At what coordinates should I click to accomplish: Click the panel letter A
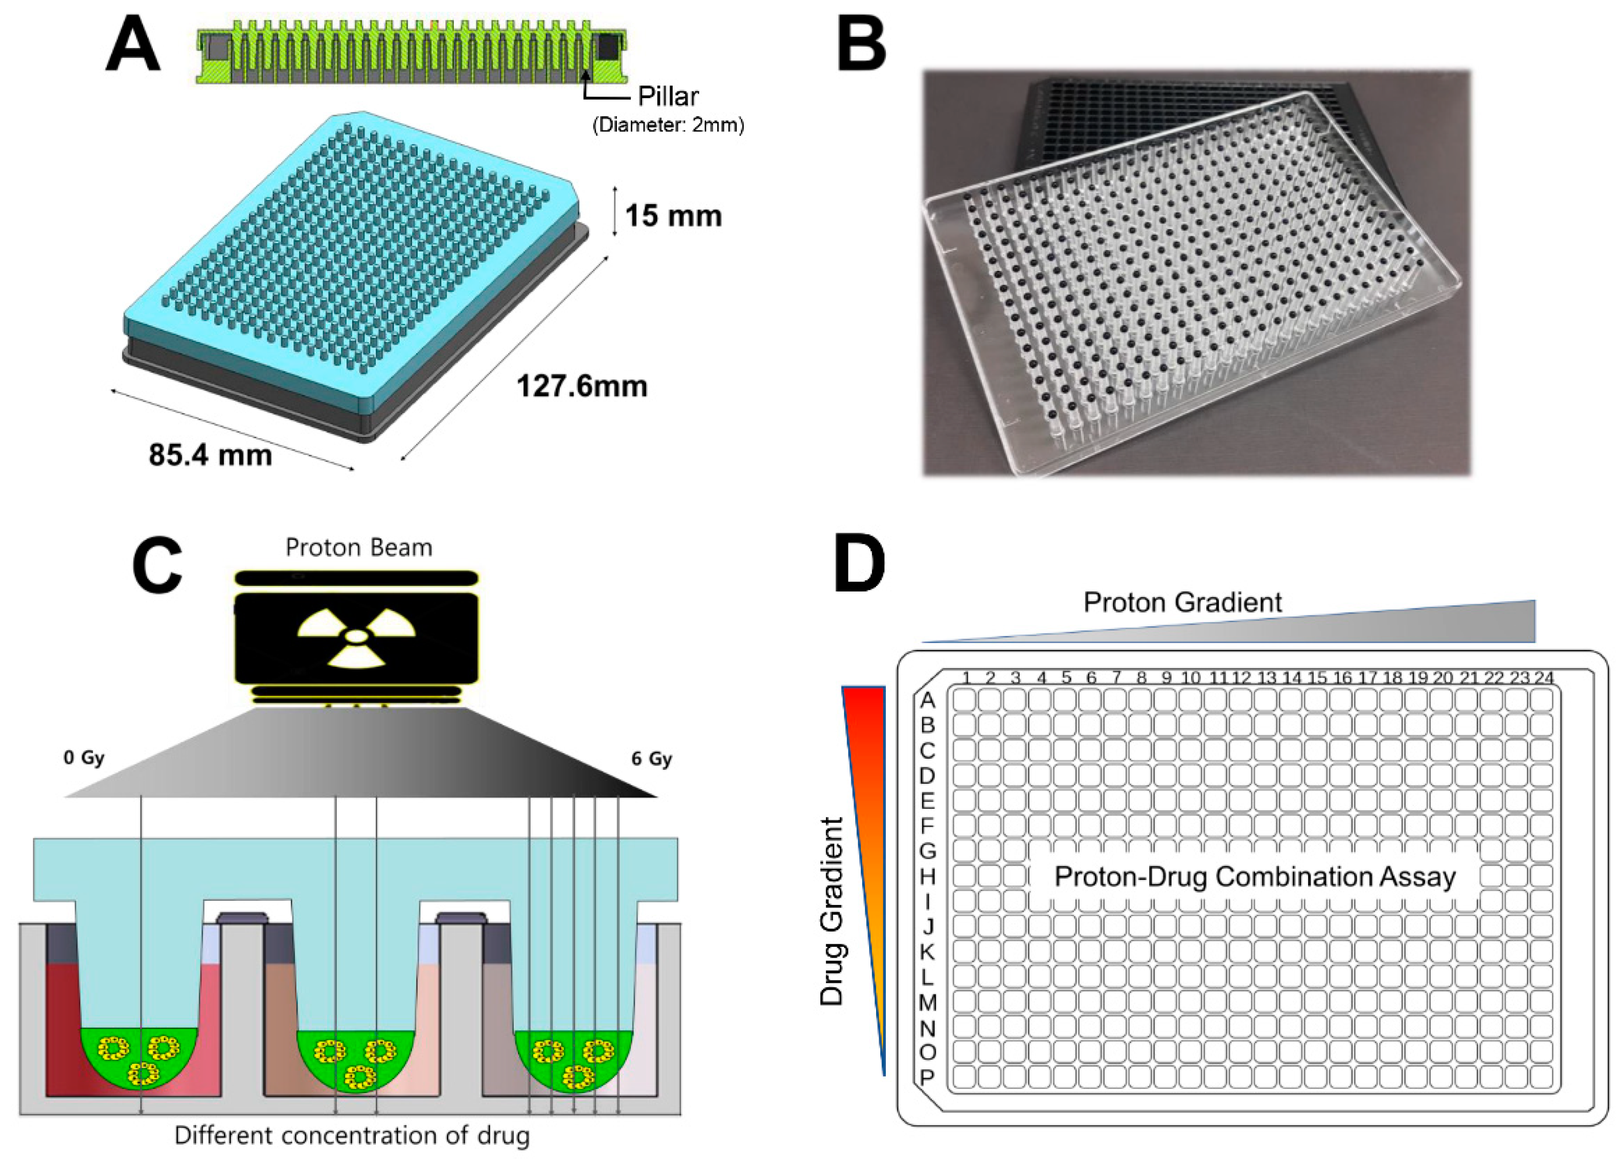click(133, 45)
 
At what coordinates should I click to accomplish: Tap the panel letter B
click(861, 45)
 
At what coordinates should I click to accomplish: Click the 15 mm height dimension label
click(673, 216)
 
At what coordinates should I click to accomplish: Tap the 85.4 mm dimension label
click(210, 455)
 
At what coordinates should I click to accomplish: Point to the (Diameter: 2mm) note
click(668, 126)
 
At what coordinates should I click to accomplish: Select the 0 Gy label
click(84, 757)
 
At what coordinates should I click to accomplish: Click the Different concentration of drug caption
click(352, 1135)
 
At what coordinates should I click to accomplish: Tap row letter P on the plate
click(927, 1078)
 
